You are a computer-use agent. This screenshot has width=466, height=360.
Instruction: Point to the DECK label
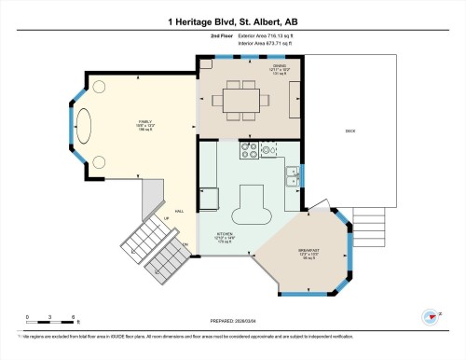[x=350, y=132]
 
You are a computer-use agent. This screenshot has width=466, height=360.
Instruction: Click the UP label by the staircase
[x=167, y=219]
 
